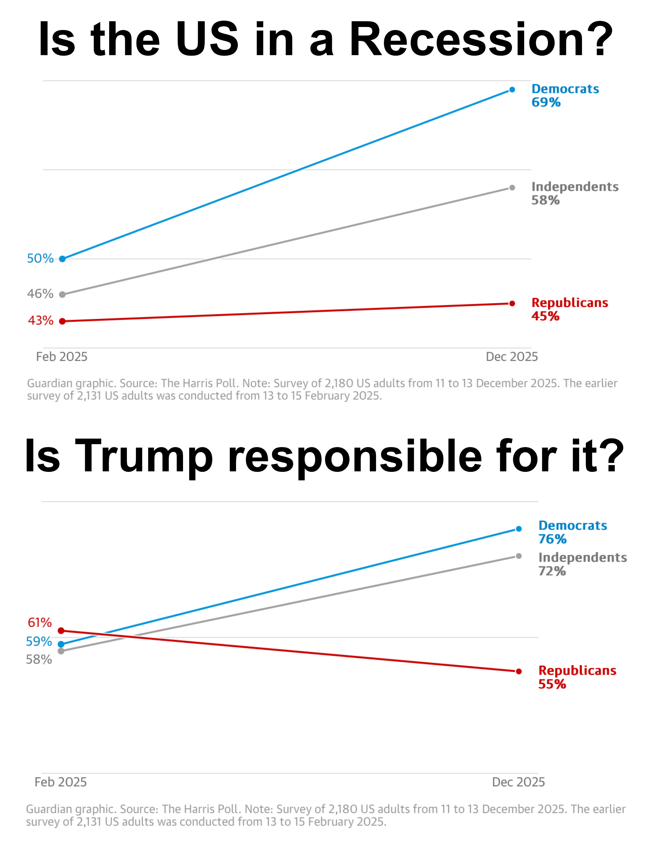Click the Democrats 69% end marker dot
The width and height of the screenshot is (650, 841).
point(512,90)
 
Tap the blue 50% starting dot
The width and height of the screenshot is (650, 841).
point(62,259)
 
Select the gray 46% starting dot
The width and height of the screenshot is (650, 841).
point(62,295)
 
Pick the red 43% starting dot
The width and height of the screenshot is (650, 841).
point(62,321)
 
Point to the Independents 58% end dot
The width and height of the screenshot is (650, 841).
point(512,188)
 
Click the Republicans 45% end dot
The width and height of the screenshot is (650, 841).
point(512,304)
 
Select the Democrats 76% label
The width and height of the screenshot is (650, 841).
point(572,532)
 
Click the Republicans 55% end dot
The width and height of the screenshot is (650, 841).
point(519,671)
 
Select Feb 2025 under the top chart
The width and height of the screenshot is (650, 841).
point(62,357)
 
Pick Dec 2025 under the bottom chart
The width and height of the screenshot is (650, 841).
point(518,782)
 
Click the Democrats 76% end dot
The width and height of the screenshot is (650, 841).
point(519,529)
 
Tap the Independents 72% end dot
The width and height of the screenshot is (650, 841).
point(519,556)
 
